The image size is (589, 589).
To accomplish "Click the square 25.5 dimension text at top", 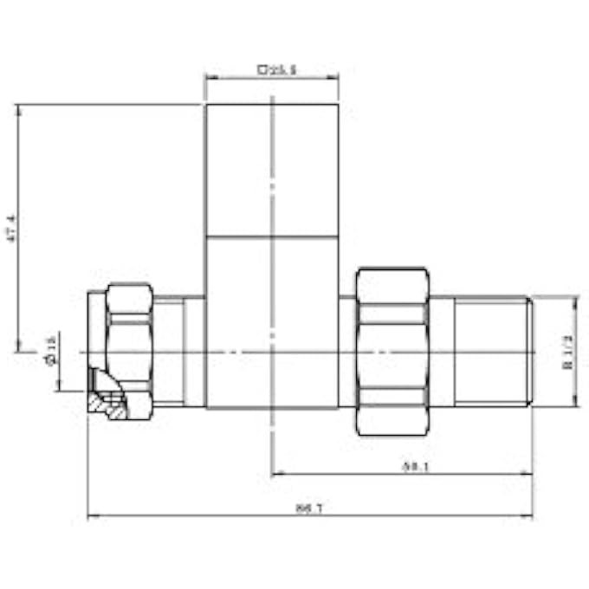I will (x=276, y=68).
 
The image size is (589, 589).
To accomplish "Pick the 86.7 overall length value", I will (x=308, y=508).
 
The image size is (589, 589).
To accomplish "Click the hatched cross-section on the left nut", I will (x=107, y=402).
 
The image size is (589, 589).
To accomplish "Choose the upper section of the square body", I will (x=271, y=170).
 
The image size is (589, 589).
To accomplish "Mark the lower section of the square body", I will (x=271, y=320).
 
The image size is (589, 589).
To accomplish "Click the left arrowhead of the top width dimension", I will (x=209, y=76).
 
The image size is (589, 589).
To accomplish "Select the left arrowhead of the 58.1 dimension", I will (x=275, y=474).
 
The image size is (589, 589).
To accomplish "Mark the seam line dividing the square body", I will (x=271, y=236).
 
